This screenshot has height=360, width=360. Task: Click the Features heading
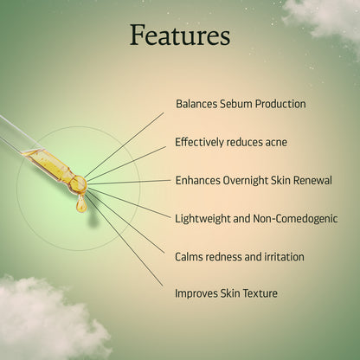click(180, 35)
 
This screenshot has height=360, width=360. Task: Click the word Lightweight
click(204, 219)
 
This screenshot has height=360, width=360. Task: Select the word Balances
click(195, 104)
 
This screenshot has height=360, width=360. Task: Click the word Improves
click(196, 293)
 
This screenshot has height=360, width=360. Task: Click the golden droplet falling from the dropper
click(80, 204)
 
